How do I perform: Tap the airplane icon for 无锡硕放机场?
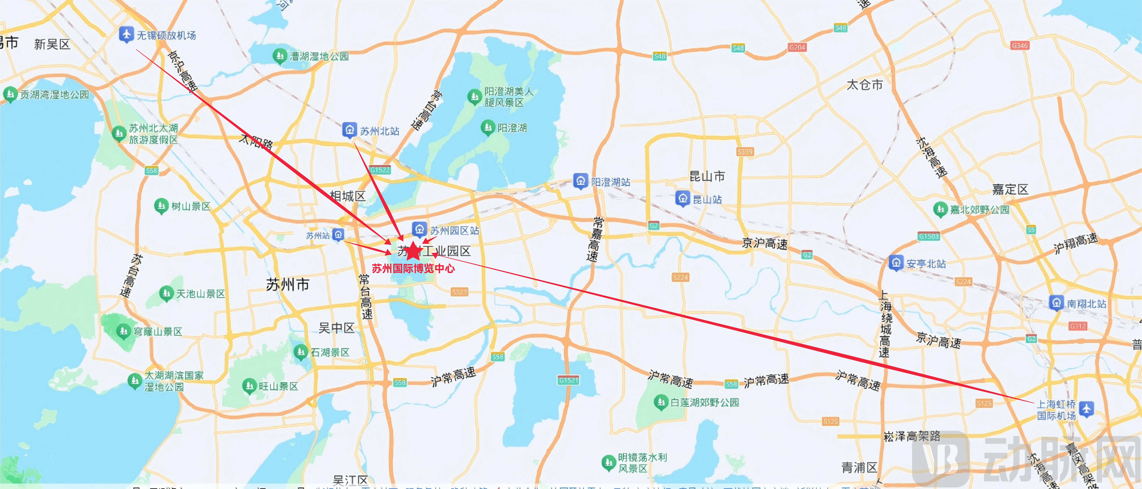tap(126, 34)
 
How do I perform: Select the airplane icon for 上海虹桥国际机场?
tap(1086, 409)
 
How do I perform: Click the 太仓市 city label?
tap(864, 85)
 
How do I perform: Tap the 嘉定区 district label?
tap(1010, 190)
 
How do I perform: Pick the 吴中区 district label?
tap(336, 328)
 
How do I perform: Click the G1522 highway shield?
tap(380, 170)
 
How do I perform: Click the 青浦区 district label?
tap(859, 467)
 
